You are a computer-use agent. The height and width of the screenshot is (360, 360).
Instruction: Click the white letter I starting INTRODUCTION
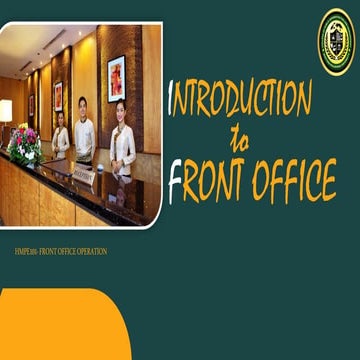tap(174, 99)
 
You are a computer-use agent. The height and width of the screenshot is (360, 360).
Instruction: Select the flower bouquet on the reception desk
tap(24, 145)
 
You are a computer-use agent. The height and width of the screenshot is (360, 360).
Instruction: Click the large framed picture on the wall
tap(116, 79)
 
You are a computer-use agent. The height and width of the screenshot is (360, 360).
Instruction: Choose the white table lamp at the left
tap(6, 110)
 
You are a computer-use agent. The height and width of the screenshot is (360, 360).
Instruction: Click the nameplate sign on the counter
tap(83, 176)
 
